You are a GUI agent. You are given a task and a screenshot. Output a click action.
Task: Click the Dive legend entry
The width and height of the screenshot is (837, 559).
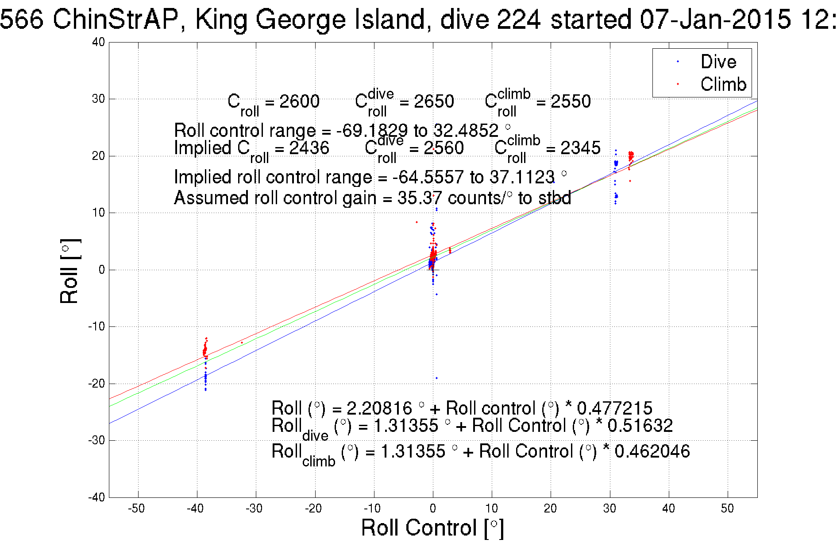coord(718,62)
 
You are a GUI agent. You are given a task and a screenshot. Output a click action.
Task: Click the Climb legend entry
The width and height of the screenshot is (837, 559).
coord(723,84)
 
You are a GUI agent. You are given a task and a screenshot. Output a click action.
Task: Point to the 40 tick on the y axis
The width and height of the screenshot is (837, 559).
coord(98,42)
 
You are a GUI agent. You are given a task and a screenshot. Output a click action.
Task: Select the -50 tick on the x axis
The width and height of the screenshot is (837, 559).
coord(136,509)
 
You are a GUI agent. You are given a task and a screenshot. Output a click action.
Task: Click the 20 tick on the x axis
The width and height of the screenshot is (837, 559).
coord(550,509)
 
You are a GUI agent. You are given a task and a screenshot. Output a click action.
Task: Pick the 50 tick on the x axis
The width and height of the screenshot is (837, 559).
coord(727,509)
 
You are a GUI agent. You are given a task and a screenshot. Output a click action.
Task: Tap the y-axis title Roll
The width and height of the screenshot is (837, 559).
coord(70,272)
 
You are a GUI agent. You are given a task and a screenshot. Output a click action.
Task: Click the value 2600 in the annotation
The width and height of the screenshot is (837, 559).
coord(299,101)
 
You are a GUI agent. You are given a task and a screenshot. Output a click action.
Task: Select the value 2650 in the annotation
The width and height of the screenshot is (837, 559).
coord(434,101)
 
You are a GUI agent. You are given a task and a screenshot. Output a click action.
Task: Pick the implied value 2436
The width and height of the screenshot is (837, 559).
coord(309,148)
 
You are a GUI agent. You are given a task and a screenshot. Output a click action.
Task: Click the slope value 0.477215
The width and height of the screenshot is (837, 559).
coord(614,408)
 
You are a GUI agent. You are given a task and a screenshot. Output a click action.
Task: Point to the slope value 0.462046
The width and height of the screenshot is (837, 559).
coord(652,451)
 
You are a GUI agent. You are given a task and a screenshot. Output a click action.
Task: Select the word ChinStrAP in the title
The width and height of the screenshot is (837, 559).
coord(115,19)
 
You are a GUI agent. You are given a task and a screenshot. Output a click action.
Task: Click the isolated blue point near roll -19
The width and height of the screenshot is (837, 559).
coord(436,378)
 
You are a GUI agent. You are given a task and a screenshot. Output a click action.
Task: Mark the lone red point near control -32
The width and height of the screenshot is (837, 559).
coord(242,342)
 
